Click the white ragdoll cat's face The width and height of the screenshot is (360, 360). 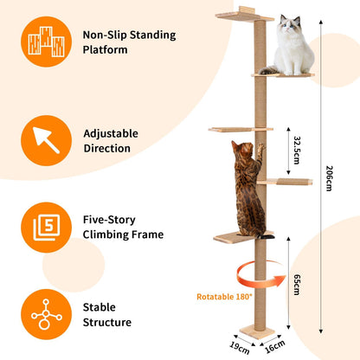tap(290, 25)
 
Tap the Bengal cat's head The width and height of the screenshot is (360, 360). tap(241, 150)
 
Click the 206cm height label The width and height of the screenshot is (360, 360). tap(329, 178)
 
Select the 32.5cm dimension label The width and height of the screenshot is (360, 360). tap(297, 150)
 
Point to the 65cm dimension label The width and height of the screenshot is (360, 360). tap(297, 285)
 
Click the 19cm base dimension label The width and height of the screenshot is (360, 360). tap(240, 348)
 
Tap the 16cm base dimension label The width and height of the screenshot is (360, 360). tap(275, 346)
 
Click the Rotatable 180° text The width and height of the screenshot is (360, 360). tap(224, 297)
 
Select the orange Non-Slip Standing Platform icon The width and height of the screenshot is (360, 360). tap(46, 42)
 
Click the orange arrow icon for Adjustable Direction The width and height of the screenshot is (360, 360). tap(46, 140)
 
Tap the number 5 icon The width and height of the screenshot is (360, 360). tap(46, 228)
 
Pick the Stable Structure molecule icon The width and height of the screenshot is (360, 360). tap(46, 314)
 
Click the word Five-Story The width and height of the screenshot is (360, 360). tap(109, 220)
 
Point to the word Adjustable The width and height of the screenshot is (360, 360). tap(111, 133)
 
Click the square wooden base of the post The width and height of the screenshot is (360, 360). tap(257, 331)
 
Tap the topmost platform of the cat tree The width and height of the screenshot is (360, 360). tap(245, 16)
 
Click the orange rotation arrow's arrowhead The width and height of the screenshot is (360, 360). tap(280, 281)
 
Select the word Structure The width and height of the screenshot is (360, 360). tap(107, 322)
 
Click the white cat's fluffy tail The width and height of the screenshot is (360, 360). tap(269, 70)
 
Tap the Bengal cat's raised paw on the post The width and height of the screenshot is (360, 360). tap(260, 148)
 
